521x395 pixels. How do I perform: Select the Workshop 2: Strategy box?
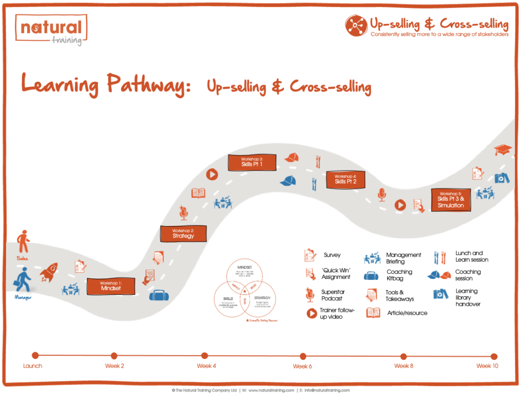pyautogui.click(x=183, y=233)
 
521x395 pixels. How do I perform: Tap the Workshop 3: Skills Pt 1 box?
pyautogui.click(x=252, y=162)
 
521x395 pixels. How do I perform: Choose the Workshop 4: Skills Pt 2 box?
pyautogui.click(x=345, y=179)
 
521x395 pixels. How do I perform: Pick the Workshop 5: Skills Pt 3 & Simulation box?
pyautogui.click(x=451, y=200)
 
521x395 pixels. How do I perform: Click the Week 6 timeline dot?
pyautogui.click(x=303, y=356)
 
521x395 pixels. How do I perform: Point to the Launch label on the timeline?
pyautogui.click(x=33, y=366)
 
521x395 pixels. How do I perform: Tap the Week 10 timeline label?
pyautogui.click(x=487, y=366)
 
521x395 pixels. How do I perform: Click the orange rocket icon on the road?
pyautogui.click(x=49, y=272)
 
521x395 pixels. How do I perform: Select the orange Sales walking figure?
pyautogui.click(x=23, y=241)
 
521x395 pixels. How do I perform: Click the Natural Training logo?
pyautogui.click(x=51, y=31)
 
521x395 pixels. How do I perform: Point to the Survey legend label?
pyautogui.click(x=332, y=255)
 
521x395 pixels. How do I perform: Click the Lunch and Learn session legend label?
pyautogui.click(x=472, y=256)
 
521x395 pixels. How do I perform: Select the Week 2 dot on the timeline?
pyautogui.click(x=114, y=356)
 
